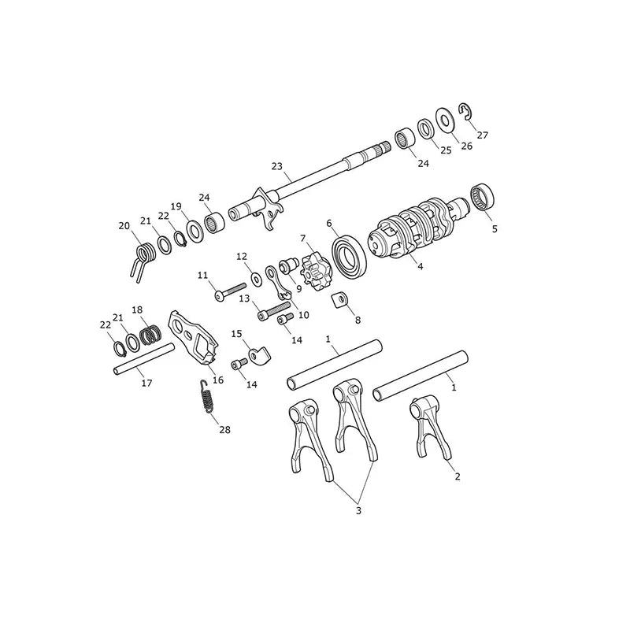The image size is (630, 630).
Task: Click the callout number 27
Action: click(482, 135)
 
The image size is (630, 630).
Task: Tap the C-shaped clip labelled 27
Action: click(468, 111)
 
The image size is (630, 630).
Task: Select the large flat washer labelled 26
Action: click(445, 120)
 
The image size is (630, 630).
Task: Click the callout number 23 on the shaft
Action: click(277, 166)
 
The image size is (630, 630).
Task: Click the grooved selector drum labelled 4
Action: click(418, 228)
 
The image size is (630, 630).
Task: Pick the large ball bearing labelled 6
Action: click(349, 258)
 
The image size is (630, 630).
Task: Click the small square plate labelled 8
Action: click(340, 299)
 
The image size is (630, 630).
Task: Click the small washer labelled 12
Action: click(255, 278)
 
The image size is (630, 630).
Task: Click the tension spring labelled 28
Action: click(206, 396)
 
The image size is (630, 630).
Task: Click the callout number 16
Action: click(218, 380)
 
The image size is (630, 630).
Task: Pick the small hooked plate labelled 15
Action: click(259, 354)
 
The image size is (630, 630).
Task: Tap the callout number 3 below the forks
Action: click(358, 510)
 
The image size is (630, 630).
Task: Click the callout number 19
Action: click(176, 206)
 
